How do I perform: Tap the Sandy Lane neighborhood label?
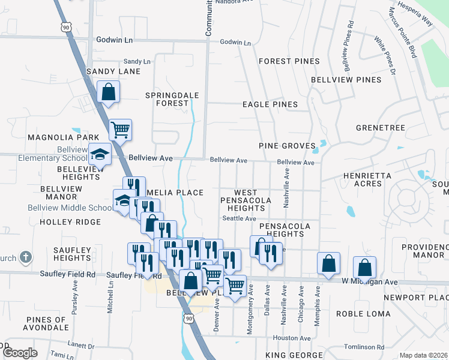(113, 71)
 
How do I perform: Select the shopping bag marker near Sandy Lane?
(109, 92)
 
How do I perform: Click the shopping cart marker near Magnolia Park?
(121, 129)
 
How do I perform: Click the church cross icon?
(25, 258)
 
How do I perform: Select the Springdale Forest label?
(167, 99)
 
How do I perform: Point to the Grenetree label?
(381, 128)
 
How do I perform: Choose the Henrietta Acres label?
(367, 181)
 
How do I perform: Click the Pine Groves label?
(287, 146)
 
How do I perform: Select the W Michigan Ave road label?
(369, 281)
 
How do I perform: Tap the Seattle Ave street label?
(240, 218)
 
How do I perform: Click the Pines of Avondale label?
(46, 324)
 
